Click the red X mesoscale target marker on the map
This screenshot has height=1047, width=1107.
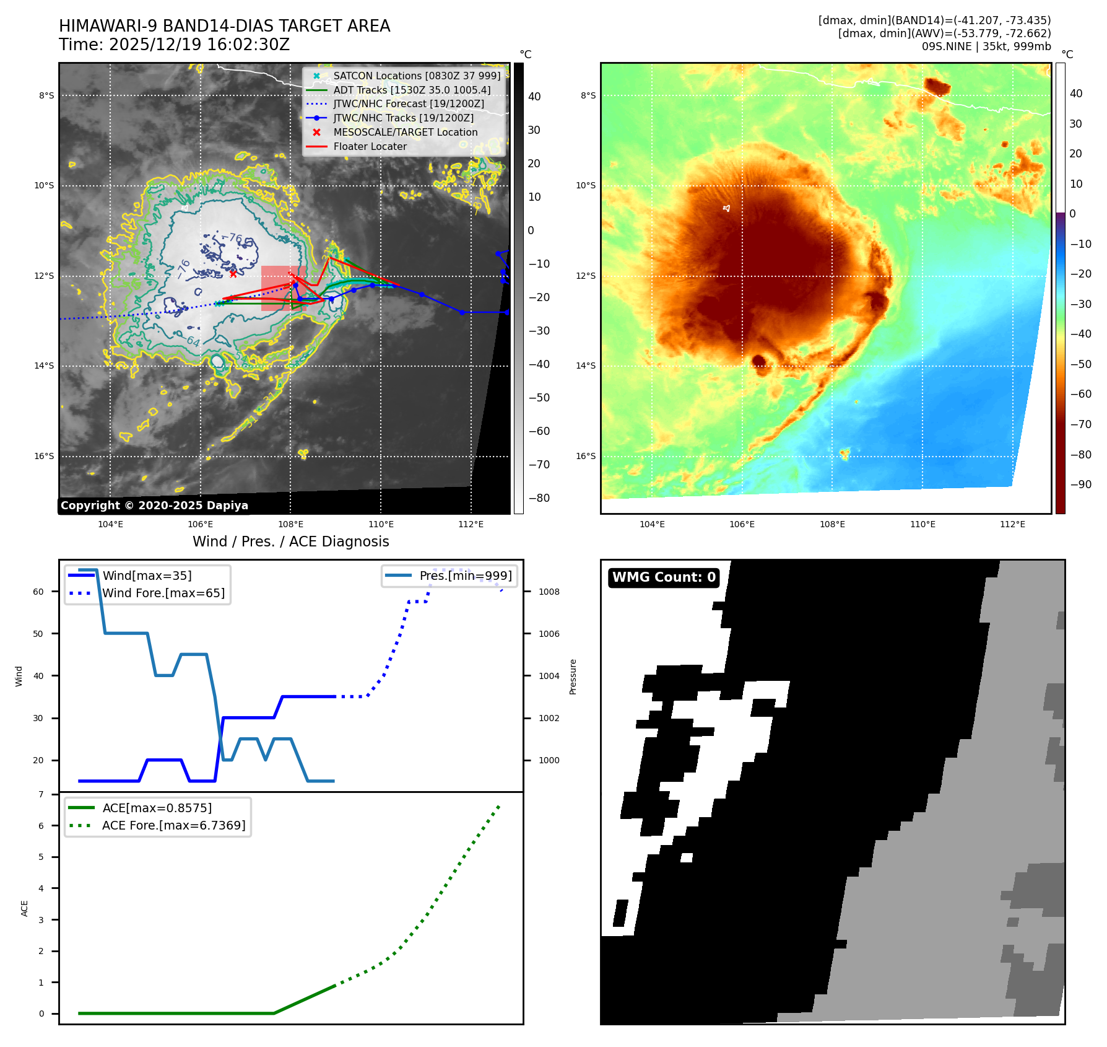233,274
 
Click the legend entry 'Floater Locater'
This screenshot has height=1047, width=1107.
370,147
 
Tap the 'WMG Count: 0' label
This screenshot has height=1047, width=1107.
664,577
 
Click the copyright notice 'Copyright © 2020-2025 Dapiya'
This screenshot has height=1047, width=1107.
154,506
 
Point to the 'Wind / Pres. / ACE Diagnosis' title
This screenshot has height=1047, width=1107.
290,541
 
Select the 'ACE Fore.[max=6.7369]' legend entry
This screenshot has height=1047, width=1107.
173,825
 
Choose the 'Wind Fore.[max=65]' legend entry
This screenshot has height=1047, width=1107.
163,593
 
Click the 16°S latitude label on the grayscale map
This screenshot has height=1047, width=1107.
44,457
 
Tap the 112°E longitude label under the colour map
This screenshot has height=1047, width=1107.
1012,525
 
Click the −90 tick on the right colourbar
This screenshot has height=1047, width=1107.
1081,484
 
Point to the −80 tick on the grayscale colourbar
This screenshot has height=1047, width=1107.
539,498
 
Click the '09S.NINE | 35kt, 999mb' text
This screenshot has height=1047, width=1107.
986,46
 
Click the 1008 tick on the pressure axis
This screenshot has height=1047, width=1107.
549,592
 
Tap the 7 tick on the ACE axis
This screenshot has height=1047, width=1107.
41,795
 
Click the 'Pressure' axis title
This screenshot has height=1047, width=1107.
573,677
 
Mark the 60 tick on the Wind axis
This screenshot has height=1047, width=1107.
38,592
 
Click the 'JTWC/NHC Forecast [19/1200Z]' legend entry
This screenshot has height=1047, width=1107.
408,104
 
